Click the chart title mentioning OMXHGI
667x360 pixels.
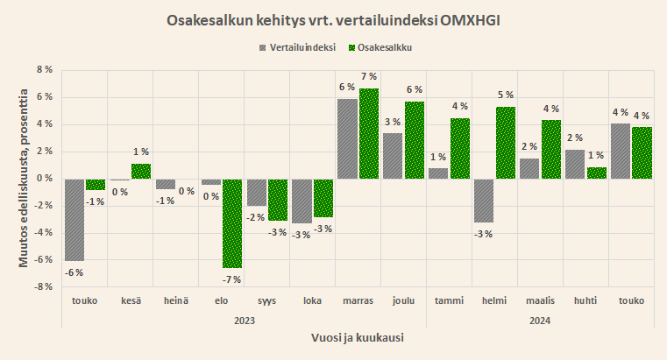pos(332,19)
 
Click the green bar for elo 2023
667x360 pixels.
pos(231,222)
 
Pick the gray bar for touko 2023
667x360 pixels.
pos(75,219)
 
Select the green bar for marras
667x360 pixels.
pos(368,133)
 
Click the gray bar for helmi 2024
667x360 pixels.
pos(483,201)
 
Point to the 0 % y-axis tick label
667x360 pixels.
pos(43,179)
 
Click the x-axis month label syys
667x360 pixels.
pos(267,300)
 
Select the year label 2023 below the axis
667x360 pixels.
pos(245,320)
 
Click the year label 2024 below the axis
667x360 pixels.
pos(541,320)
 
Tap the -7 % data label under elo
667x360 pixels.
pos(231,279)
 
